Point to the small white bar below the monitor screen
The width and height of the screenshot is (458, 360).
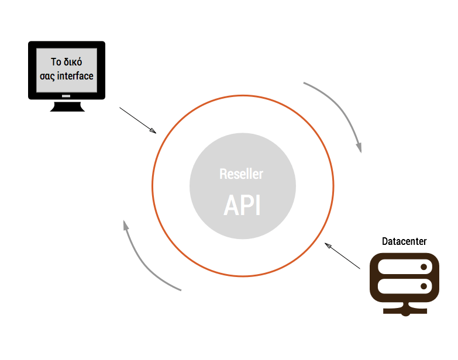pos(66,96)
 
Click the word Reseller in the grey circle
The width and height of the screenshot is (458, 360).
pos(242,174)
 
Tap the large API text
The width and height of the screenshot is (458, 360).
pos(242,205)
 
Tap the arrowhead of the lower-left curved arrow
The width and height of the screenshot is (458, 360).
pos(125,224)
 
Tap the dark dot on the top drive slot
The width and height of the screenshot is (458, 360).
pos(424,267)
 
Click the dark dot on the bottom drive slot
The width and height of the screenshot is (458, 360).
pos(424,286)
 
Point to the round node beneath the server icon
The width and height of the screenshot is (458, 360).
pos(405,312)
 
